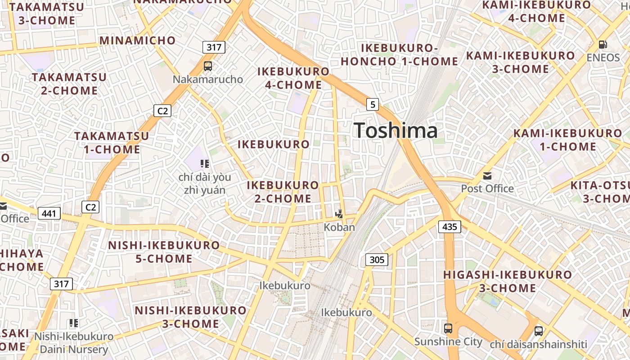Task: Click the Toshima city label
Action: (396, 130)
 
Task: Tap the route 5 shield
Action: (372, 104)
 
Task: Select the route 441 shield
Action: (49, 213)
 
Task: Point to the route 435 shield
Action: (450, 226)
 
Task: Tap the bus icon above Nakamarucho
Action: (208, 66)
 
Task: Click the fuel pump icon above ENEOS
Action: (603, 45)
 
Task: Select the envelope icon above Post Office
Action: (487, 175)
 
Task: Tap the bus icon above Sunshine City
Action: (448, 328)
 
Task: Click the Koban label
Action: (339, 227)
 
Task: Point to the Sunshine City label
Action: (448, 342)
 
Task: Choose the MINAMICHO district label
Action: (138, 40)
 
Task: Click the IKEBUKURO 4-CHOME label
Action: (293, 78)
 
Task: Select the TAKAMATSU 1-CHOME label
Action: (112, 142)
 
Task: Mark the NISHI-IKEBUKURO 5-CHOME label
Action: (164, 252)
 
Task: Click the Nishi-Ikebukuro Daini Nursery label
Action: (74, 343)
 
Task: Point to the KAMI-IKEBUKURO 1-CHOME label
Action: (567, 140)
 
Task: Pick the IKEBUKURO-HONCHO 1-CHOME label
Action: (399, 55)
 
